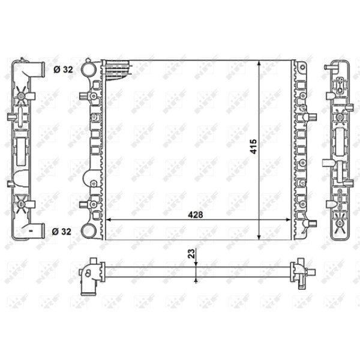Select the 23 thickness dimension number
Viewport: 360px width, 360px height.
tap(191, 254)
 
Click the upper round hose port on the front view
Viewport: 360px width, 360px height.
tap(89, 69)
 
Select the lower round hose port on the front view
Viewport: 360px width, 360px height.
tap(89, 231)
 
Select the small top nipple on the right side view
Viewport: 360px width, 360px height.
tap(328, 68)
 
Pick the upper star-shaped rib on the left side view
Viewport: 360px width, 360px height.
tap(22, 95)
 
